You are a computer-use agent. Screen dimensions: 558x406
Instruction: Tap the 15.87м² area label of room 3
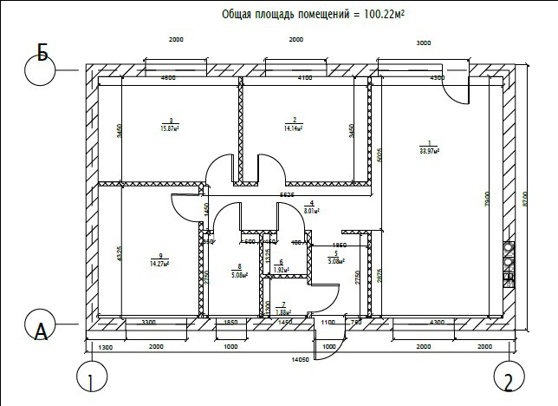pyautogui.click(x=169, y=128)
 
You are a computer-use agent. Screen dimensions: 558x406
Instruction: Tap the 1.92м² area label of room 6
pyautogui.click(x=281, y=270)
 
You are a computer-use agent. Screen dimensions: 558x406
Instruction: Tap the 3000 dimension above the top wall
pyautogui.click(x=425, y=43)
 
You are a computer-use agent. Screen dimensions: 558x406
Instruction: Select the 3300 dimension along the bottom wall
pyautogui.click(x=148, y=322)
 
